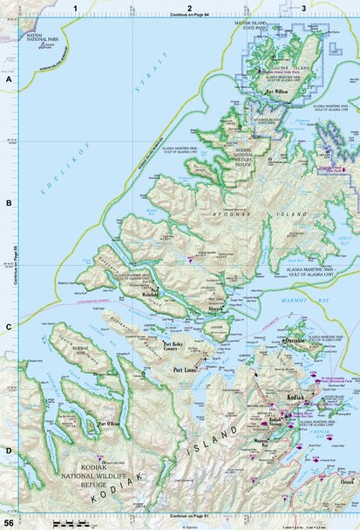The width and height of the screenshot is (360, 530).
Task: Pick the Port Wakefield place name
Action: tap(156, 293)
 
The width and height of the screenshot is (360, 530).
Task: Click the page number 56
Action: tap(8, 521)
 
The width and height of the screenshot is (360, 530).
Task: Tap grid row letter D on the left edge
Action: tap(8, 451)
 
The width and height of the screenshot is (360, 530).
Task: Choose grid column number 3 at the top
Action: tap(302, 8)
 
